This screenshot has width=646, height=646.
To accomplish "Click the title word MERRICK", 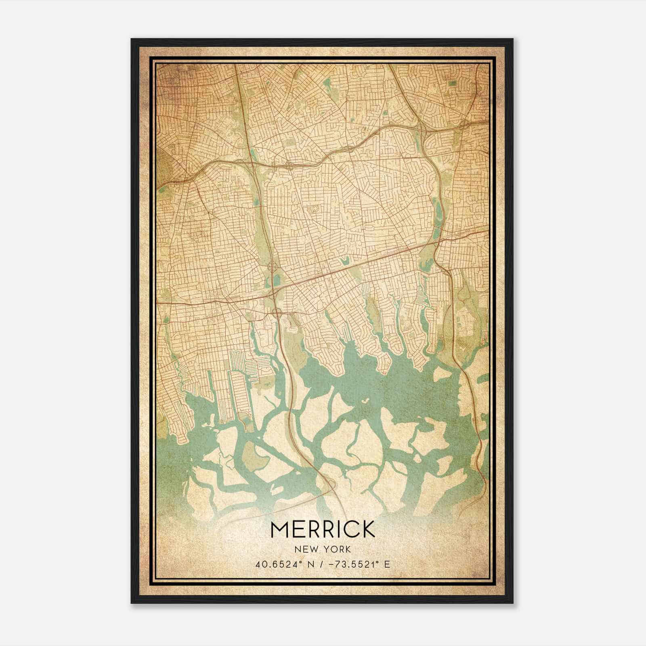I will (x=323, y=529).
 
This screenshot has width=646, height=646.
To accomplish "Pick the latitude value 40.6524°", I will (x=277, y=564).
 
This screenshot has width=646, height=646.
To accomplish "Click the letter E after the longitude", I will (x=387, y=564).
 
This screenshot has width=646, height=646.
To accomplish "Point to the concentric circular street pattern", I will (x=314, y=208).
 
